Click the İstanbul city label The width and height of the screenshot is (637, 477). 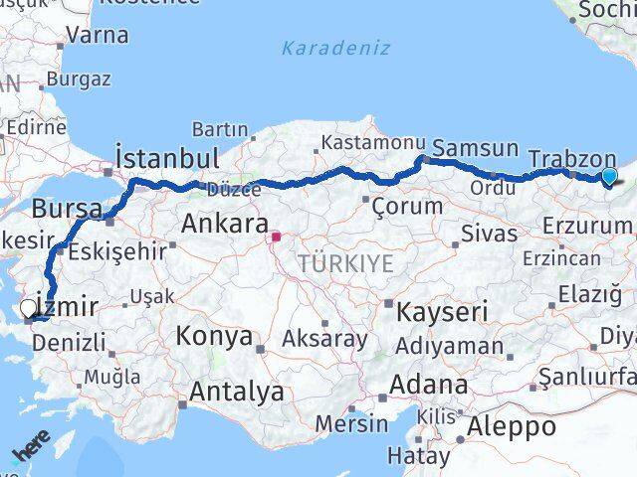point(166,158)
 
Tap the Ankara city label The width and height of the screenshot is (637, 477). point(224,223)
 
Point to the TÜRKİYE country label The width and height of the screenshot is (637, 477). point(345,263)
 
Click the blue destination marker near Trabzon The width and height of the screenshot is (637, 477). point(609,176)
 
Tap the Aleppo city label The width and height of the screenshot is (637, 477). point(507,427)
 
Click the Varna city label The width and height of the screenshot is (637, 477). point(98,35)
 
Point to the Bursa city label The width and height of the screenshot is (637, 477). point(67,210)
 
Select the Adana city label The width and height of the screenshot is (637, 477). point(428,384)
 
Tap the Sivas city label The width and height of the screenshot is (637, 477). point(490,234)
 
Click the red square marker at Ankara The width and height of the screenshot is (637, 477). point(276,237)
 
